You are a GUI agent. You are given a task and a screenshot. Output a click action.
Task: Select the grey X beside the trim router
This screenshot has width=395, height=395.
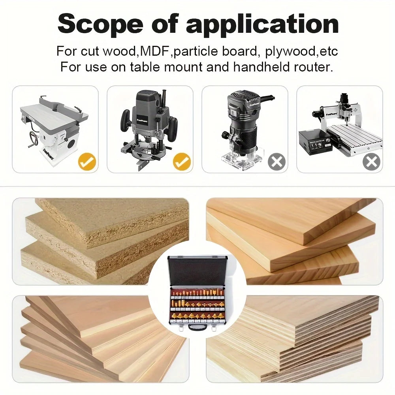point(276,162)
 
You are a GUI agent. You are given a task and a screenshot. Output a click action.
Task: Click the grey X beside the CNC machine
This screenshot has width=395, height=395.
point(371,162)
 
